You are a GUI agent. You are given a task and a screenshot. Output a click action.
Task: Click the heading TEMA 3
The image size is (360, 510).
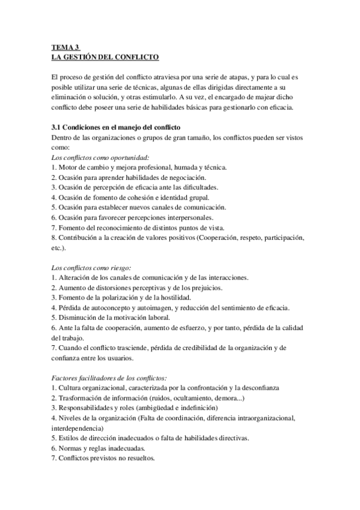tap(66, 48)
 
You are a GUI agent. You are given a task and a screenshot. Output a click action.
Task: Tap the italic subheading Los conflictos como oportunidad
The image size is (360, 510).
tap(100, 157)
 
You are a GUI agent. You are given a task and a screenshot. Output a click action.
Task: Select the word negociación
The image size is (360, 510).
tap(185, 177)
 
